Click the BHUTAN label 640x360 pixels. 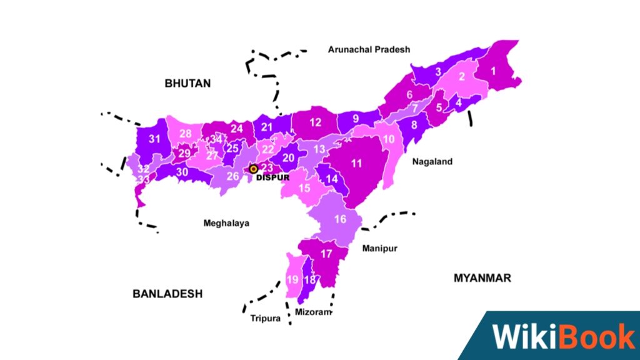pyautogui.click(x=187, y=83)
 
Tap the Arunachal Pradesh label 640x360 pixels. pyautogui.click(x=369, y=49)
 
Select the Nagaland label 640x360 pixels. pyautogui.click(x=432, y=161)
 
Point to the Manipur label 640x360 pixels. pyautogui.click(x=379, y=248)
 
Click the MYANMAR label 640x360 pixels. pyautogui.click(x=482, y=278)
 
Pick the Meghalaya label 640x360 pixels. pyautogui.click(x=226, y=223)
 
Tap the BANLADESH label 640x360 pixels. pyautogui.click(x=167, y=294)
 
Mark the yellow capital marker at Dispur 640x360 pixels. pyautogui.click(x=253, y=168)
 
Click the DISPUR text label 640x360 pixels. pyautogui.click(x=274, y=177)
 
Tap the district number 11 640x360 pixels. pyautogui.click(x=357, y=164)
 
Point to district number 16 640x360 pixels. pyautogui.click(x=340, y=219)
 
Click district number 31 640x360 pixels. pyautogui.click(x=154, y=139)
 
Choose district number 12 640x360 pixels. pyautogui.click(x=315, y=122)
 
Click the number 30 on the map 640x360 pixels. pyautogui.click(x=182, y=172)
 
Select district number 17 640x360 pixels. pyautogui.click(x=326, y=254)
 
